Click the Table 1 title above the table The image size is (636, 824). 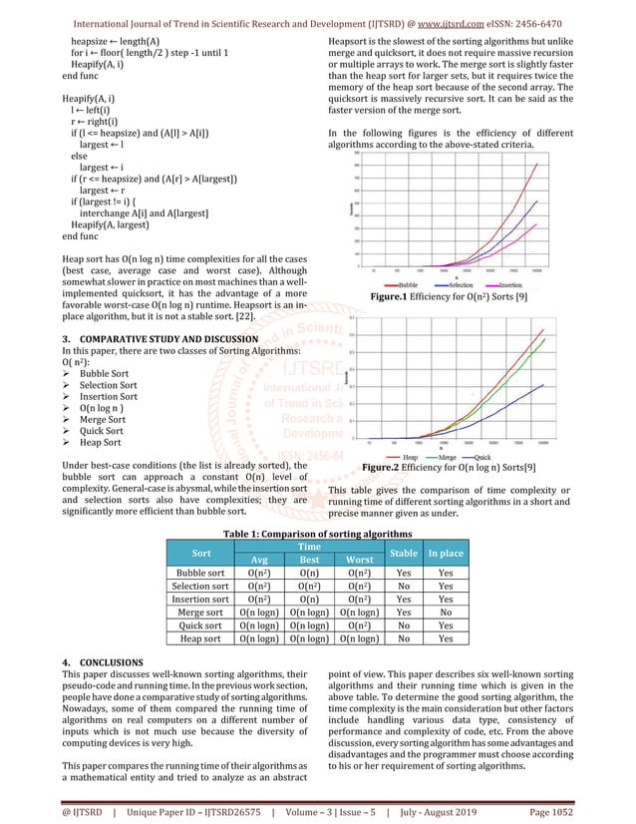pos(318,535)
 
